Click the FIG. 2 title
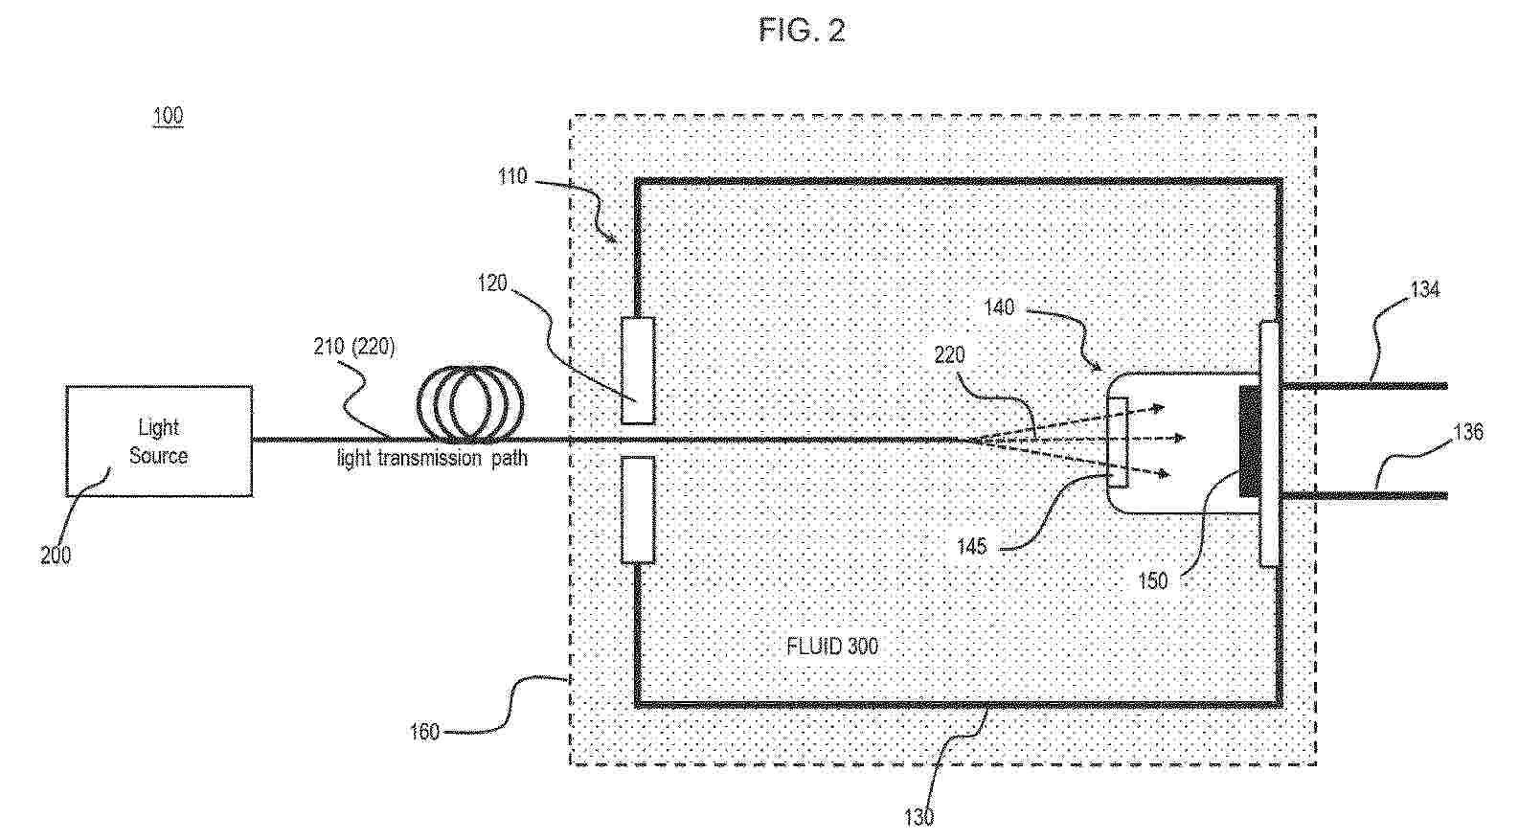tap(802, 31)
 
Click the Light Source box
tap(159, 442)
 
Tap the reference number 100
tap(168, 117)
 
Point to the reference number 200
tap(56, 556)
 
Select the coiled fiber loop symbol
tap(470, 402)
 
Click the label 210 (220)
tap(353, 347)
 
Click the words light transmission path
tap(432, 459)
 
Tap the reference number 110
tap(512, 176)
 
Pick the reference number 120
tap(492, 284)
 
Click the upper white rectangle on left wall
tap(638, 370)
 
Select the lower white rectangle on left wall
tap(638, 509)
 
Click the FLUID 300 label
tap(831, 647)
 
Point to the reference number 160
tap(423, 733)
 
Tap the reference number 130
tap(918, 817)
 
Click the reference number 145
tap(971, 547)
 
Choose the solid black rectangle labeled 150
tap(1250, 442)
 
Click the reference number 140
tap(999, 308)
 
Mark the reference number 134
tap(1425, 289)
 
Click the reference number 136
tap(1468, 432)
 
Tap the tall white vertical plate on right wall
tap(1270, 443)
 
